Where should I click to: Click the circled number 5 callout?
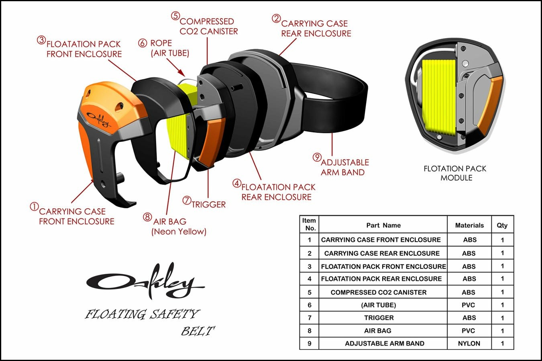click(175, 16)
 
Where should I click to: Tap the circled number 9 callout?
click(317, 157)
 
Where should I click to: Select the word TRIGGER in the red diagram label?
click(209, 205)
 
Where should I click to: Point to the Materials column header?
click(469, 225)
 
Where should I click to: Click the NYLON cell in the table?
click(469, 343)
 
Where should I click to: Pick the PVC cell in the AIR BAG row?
click(468, 330)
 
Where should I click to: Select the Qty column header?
click(502, 225)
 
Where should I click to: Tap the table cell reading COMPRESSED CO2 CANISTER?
click(379, 292)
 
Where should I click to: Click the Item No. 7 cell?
click(310, 318)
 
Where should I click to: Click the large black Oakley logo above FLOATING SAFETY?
click(145, 281)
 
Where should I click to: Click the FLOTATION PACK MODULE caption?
click(455, 173)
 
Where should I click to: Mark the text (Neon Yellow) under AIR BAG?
click(179, 232)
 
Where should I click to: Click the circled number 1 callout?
click(35, 207)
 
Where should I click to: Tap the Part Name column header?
click(383, 225)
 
